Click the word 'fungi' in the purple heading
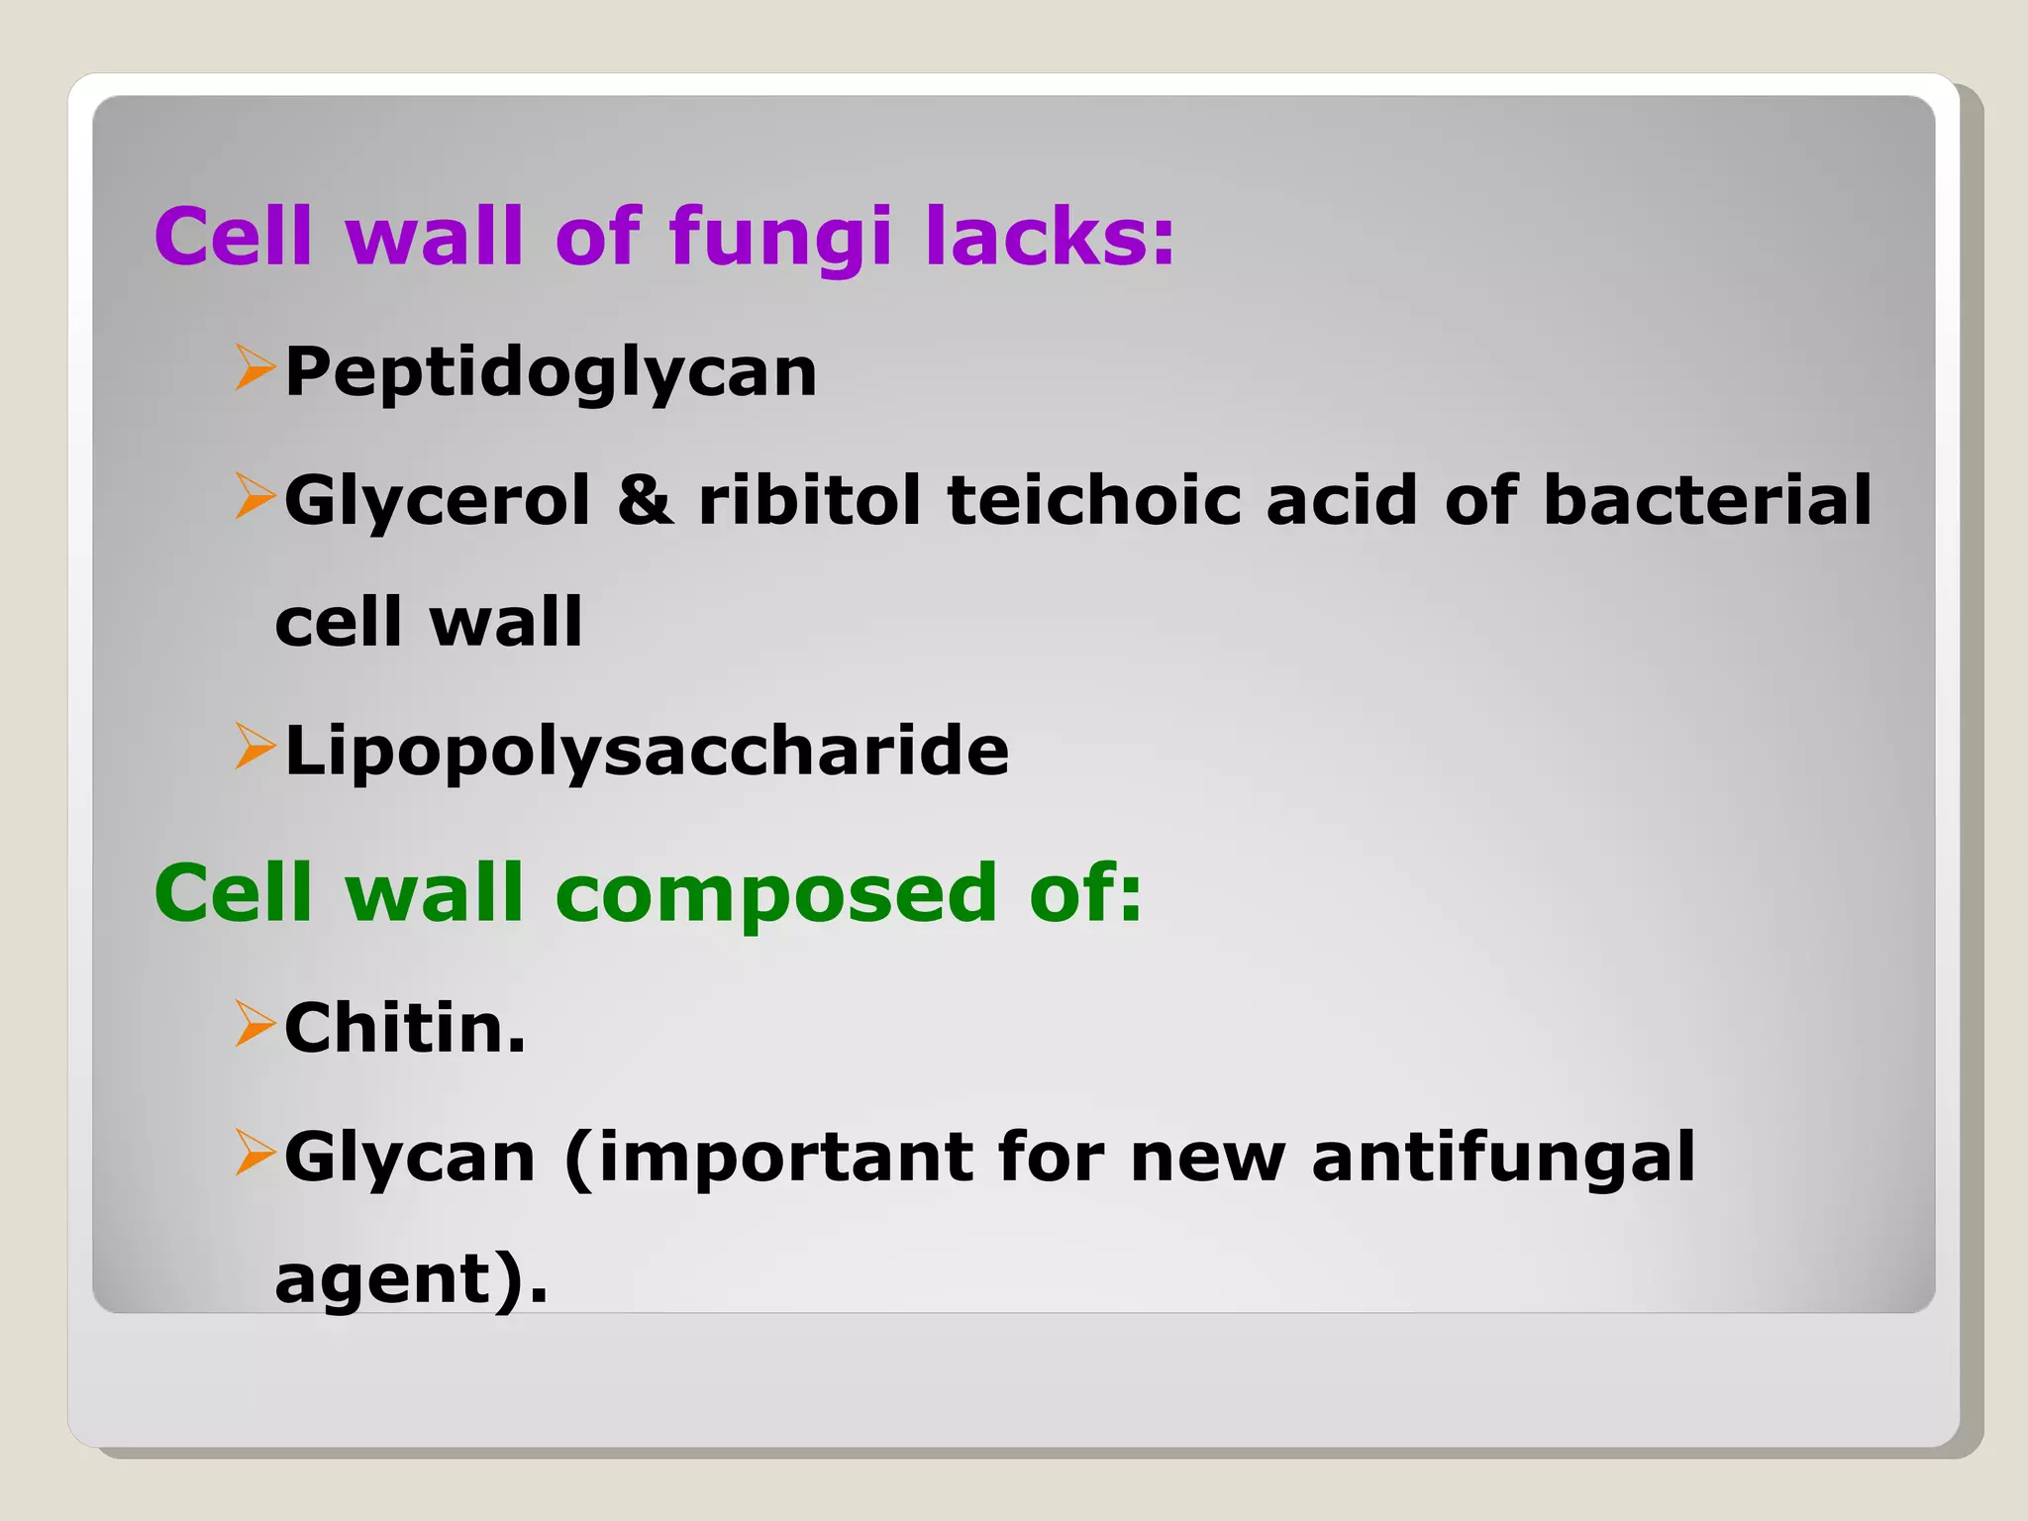pyautogui.click(x=780, y=238)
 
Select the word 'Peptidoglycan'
pyautogui.click(x=551, y=373)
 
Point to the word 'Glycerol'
pyautogui.click(x=438, y=501)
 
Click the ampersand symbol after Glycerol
pyautogui.click(x=645, y=499)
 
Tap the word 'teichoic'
pyautogui.click(x=1094, y=499)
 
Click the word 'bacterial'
pyautogui.click(x=1707, y=499)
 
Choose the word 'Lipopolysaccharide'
pyautogui.click(x=647, y=751)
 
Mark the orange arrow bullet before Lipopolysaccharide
pyautogui.click(x=254, y=747)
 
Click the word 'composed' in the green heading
pyautogui.click(x=776, y=895)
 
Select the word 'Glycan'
pyautogui.click(x=410, y=1159)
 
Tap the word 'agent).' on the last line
pyautogui.click(x=411, y=1279)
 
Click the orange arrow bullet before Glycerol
pyautogui.click(x=254, y=496)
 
